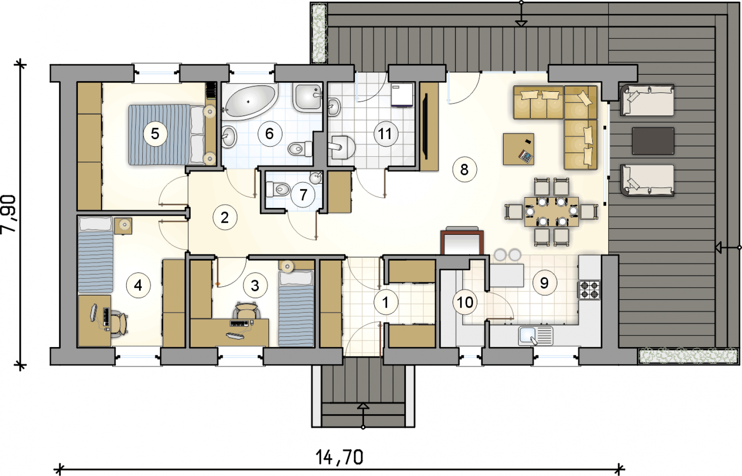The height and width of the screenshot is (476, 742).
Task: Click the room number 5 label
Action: click(x=155, y=134)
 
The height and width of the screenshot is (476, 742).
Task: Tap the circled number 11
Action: click(x=385, y=134)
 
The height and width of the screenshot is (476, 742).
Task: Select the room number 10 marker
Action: click(x=465, y=302)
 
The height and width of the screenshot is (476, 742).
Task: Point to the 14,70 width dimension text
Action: click(x=339, y=457)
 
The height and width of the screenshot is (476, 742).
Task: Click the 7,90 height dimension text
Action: click(x=9, y=214)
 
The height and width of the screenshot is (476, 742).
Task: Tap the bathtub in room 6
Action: click(x=249, y=102)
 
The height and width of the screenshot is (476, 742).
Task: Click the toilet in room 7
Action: click(x=278, y=190)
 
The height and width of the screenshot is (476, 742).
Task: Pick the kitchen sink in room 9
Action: click(x=536, y=336)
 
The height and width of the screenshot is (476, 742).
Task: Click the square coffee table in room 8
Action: click(x=518, y=149)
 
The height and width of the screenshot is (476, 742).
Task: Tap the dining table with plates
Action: click(x=551, y=212)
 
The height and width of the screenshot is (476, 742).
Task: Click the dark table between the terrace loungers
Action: click(x=653, y=141)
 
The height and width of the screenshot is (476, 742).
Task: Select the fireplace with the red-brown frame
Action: click(x=462, y=241)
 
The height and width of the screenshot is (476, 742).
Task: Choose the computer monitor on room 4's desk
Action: click(x=94, y=313)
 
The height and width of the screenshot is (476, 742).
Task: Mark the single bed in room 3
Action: click(x=296, y=309)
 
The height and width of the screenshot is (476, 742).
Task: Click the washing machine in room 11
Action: click(x=402, y=95)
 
